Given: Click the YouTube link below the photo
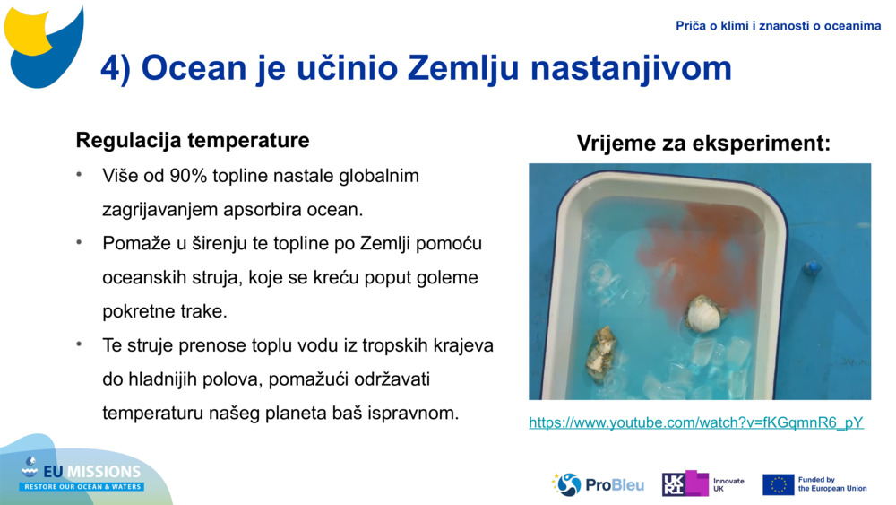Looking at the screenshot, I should pyautogui.click(x=696, y=422).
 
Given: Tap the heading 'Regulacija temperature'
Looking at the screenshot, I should pyautogui.click(x=193, y=141).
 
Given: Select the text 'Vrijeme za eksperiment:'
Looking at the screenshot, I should pyautogui.click(x=703, y=143).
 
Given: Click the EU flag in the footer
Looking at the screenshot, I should pyautogui.click(x=778, y=484).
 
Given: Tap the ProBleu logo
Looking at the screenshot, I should pyautogui.click(x=598, y=484).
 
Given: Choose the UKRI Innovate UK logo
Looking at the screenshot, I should pyautogui.click(x=702, y=484).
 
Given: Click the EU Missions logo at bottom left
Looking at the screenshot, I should pyautogui.click(x=82, y=475).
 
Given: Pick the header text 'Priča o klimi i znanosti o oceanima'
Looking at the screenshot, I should pyautogui.click(x=778, y=26).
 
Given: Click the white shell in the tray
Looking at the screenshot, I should pyautogui.click(x=704, y=314).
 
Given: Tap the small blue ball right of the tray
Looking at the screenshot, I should pyautogui.click(x=812, y=267).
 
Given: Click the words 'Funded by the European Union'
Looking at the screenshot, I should pyautogui.click(x=831, y=484).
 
